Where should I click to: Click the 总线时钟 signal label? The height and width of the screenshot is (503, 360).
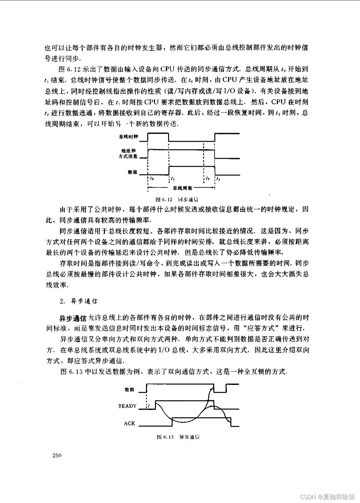click(x=128, y=137)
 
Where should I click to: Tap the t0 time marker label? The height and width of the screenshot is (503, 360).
click(x=152, y=178)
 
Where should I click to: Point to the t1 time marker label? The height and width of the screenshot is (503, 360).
click(x=173, y=178)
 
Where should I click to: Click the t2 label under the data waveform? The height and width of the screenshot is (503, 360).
click(x=208, y=178)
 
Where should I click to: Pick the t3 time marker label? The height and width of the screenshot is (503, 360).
click(x=219, y=178)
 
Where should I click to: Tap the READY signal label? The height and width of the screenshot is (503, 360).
click(x=127, y=406)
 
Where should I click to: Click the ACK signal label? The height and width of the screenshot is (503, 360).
click(x=129, y=423)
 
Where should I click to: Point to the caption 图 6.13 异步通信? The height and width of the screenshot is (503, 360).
click(x=178, y=437)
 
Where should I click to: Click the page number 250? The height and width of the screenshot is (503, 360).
click(x=56, y=456)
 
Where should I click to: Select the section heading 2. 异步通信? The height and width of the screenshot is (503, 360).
click(x=78, y=301)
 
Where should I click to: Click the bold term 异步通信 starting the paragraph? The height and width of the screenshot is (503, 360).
click(x=73, y=318)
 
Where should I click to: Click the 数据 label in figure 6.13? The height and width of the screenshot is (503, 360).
click(x=129, y=389)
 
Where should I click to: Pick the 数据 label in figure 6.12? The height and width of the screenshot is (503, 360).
click(x=132, y=172)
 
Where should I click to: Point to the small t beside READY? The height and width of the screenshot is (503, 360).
click(x=149, y=406)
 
